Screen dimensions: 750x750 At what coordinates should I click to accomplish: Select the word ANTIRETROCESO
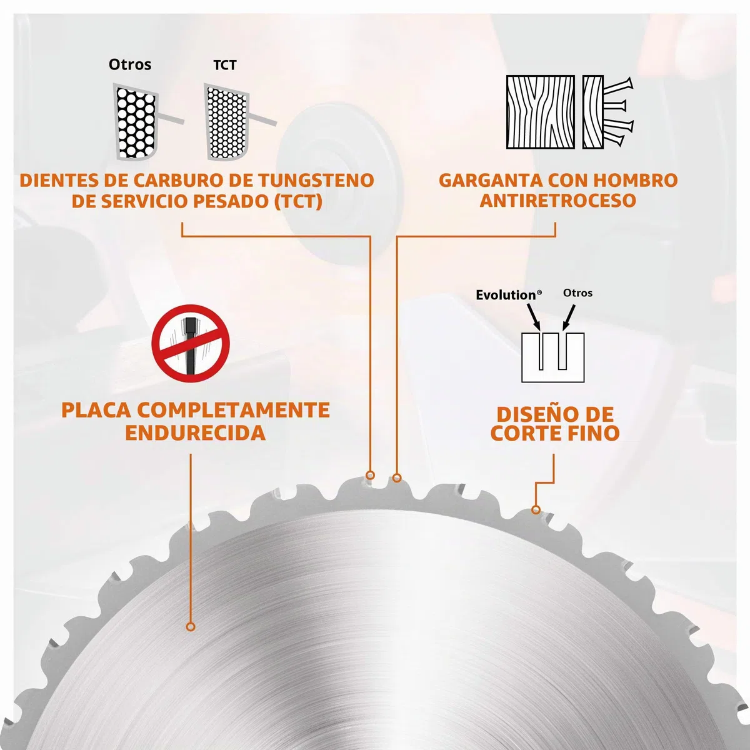pyautogui.click(x=557, y=201)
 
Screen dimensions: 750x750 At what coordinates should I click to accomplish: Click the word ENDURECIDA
pyautogui.click(x=196, y=432)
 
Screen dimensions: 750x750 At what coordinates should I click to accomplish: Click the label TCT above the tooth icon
pyautogui.click(x=224, y=65)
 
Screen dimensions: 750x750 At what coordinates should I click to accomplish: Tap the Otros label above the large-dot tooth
pyautogui.click(x=130, y=64)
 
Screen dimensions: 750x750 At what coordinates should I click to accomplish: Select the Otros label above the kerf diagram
pyautogui.click(x=577, y=292)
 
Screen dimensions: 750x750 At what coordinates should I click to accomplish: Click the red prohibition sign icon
pyautogui.click(x=191, y=343)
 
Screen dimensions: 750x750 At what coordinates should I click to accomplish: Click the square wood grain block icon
pyautogui.click(x=541, y=112)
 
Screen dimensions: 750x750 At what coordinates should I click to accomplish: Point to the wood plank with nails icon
pyautogui.click(x=607, y=112)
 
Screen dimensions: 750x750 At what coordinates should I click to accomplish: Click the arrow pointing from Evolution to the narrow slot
pyautogui.click(x=534, y=317)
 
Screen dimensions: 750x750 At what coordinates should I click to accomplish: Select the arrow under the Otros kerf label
pyautogui.click(x=569, y=318)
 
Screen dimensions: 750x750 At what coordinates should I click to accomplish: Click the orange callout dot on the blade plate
pyautogui.click(x=191, y=637)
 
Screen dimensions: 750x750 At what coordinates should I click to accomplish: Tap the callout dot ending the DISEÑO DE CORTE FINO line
pyautogui.click(x=536, y=509)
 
